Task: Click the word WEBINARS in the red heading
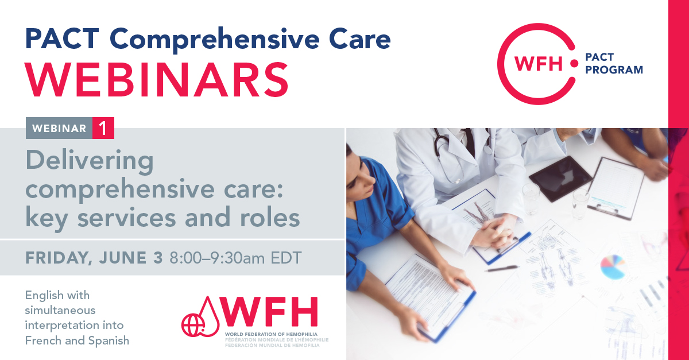tap(157, 80)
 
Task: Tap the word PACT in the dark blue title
tap(62, 39)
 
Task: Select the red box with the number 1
tap(103, 128)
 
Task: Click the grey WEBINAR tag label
tap(59, 128)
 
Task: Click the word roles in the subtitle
tap(270, 218)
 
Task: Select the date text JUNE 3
tap(131, 258)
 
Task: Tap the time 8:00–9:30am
tap(217, 258)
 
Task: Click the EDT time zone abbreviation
tap(286, 258)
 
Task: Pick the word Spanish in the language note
tap(109, 341)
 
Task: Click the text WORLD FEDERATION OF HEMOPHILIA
tap(271, 334)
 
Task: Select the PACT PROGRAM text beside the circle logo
tap(614, 63)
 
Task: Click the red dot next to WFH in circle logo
tap(574, 64)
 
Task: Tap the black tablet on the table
tap(560, 178)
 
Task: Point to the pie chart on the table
tap(613, 267)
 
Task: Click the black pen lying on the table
tap(501, 269)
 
